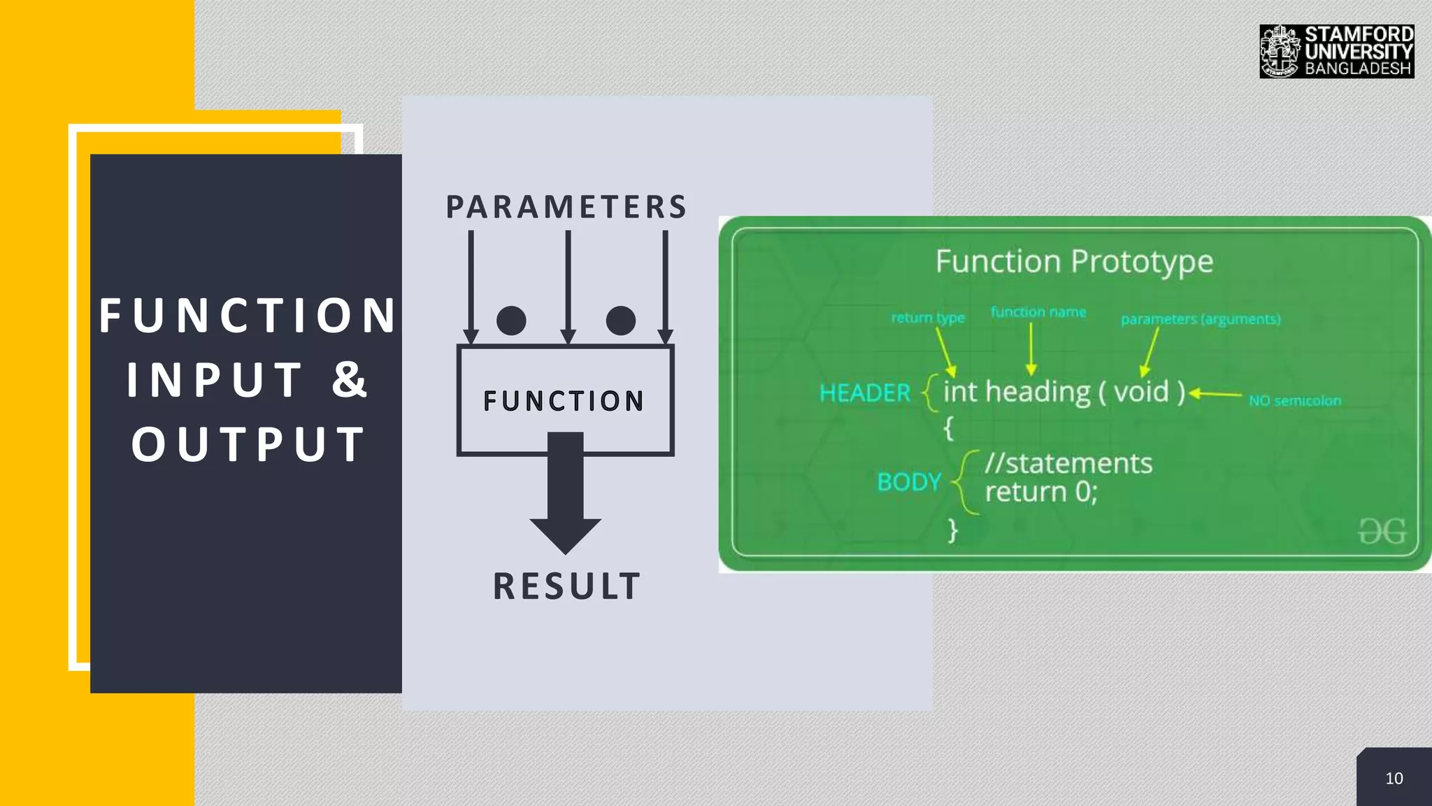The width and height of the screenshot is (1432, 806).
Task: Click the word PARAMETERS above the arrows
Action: click(x=566, y=207)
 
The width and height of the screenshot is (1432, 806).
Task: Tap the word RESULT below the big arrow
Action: click(x=566, y=586)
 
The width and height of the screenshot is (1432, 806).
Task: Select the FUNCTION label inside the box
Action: click(x=564, y=402)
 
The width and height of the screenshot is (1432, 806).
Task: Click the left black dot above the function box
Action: click(x=511, y=320)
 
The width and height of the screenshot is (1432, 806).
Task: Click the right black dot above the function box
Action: click(x=621, y=320)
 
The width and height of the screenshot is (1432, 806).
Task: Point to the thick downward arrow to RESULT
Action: click(x=565, y=497)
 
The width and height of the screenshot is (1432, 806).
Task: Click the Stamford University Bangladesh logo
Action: click(x=1336, y=51)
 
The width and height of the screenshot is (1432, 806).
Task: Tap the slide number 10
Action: click(x=1394, y=779)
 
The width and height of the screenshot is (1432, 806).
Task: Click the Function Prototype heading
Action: click(x=1074, y=262)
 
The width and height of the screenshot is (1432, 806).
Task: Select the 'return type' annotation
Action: click(x=928, y=318)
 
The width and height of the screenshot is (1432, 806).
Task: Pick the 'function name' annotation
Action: click(x=1038, y=312)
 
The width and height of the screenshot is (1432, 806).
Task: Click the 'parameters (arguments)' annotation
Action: click(x=1201, y=319)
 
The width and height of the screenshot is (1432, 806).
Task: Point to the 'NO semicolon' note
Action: click(x=1295, y=401)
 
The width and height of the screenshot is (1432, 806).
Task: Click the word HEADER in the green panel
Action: click(x=865, y=393)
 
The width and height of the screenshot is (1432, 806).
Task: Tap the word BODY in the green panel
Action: click(x=909, y=482)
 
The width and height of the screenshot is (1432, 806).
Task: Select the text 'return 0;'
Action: click(x=1041, y=492)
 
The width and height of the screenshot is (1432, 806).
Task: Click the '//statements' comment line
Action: click(x=1068, y=463)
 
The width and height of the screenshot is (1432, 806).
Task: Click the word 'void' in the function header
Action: click(x=1141, y=392)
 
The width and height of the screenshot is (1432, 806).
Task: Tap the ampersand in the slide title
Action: click(x=350, y=380)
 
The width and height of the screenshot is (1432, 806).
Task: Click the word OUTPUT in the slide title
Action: click(x=249, y=444)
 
